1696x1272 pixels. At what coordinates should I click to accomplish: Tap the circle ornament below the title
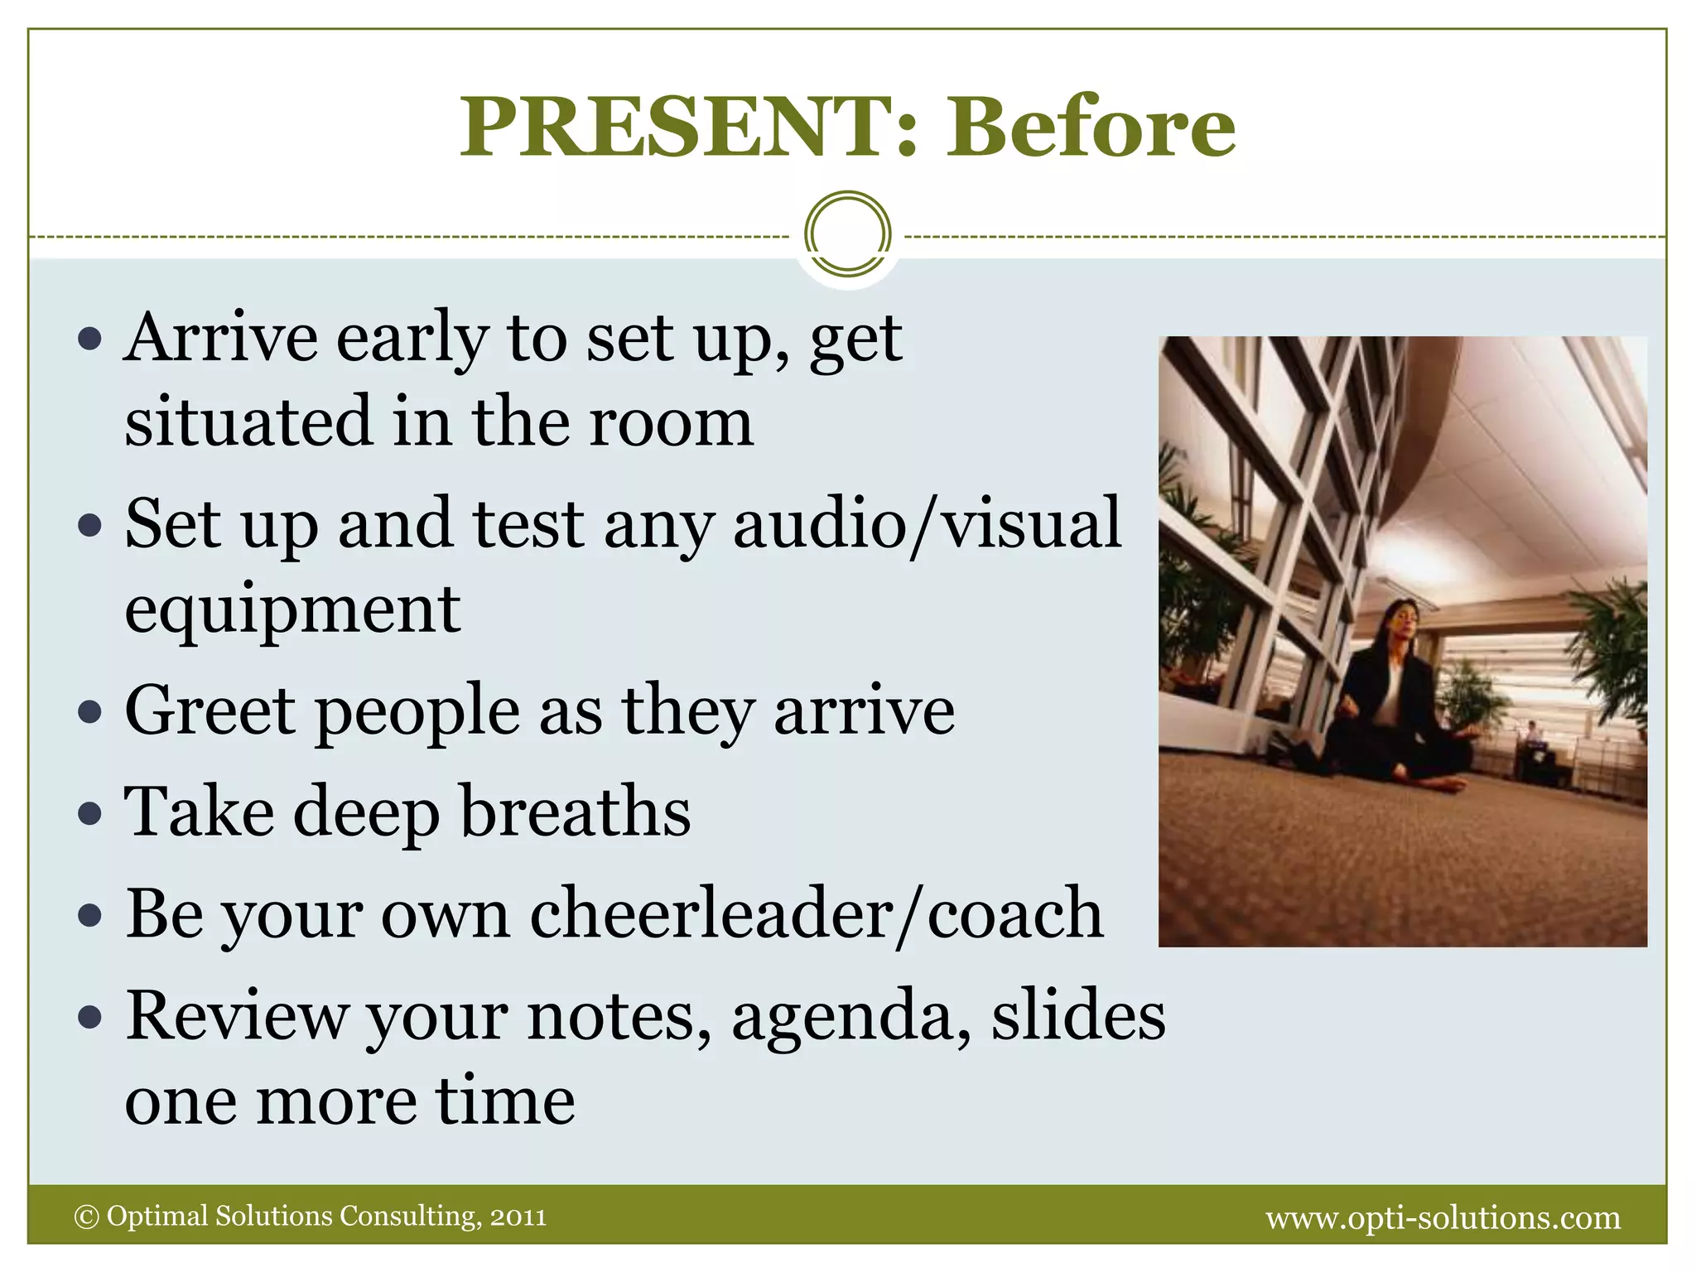(847, 234)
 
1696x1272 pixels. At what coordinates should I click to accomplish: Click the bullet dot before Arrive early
(89, 339)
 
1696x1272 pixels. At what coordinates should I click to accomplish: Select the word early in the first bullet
(412, 340)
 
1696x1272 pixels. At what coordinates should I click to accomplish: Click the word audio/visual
(927, 523)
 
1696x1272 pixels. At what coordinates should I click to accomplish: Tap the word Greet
(210, 710)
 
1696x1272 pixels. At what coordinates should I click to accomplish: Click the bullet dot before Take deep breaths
(89, 814)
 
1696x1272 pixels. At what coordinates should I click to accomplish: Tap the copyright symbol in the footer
(86, 1217)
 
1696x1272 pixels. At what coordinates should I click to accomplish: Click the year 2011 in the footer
(518, 1217)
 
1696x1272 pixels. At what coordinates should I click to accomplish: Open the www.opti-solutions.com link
(1443, 1217)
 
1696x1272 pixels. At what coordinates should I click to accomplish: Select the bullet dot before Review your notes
(89, 1017)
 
